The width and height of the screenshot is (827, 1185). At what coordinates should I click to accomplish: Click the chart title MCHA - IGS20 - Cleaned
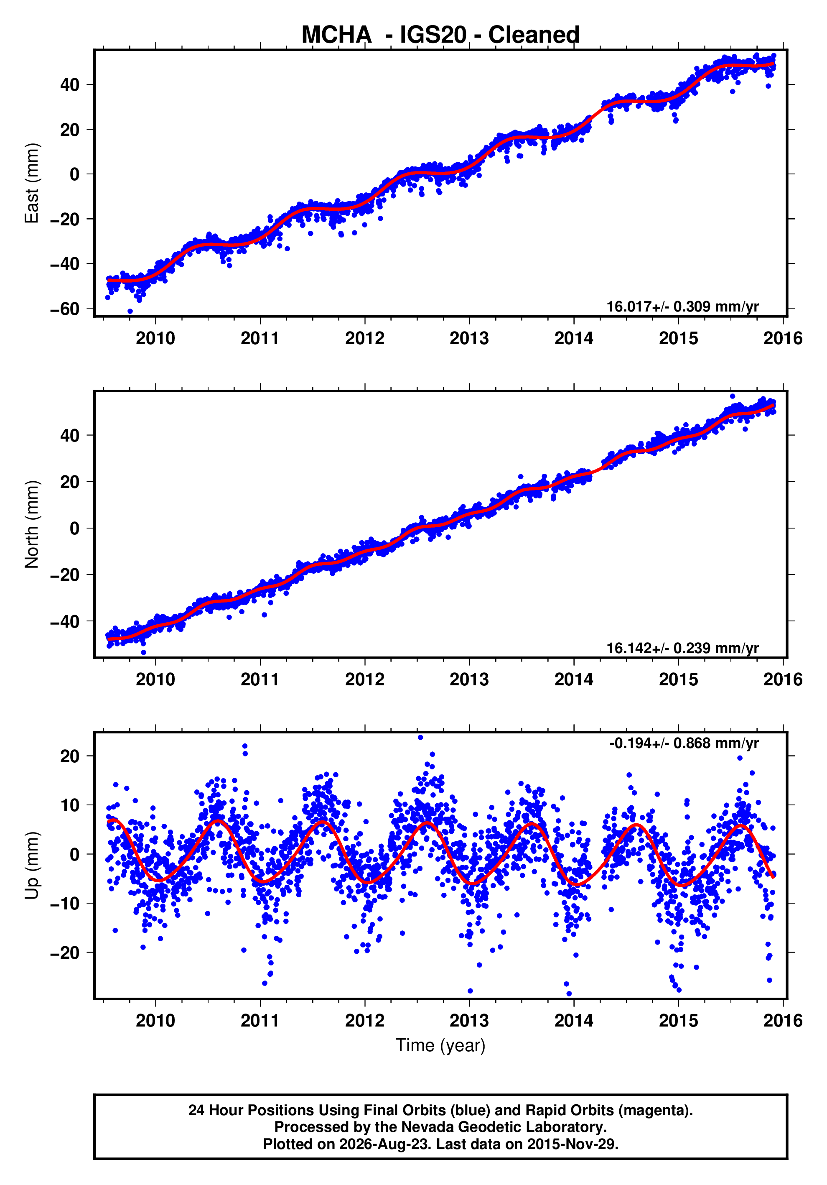(x=440, y=35)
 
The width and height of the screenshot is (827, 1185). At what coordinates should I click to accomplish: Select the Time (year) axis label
(x=440, y=1045)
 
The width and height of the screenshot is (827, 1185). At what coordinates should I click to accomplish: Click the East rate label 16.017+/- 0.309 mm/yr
(x=682, y=306)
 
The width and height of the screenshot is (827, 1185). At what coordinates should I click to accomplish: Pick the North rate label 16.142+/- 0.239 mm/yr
(x=682, y=648)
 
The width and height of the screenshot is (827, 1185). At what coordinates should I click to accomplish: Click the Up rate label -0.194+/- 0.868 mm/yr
(x=684, y=743)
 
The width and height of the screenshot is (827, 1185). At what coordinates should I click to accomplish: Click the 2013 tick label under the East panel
(x=469, y=339)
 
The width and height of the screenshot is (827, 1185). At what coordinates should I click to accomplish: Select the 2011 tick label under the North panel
(x=260, y=680)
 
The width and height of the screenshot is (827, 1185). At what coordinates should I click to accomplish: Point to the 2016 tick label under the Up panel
(x=783, y=1021)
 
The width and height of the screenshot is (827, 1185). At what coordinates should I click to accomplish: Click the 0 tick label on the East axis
(x=75, y=174)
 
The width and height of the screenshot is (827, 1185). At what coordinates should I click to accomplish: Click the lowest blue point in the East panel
(x=130, y=311)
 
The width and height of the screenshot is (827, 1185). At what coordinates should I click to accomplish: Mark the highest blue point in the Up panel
(x=420, y=738)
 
